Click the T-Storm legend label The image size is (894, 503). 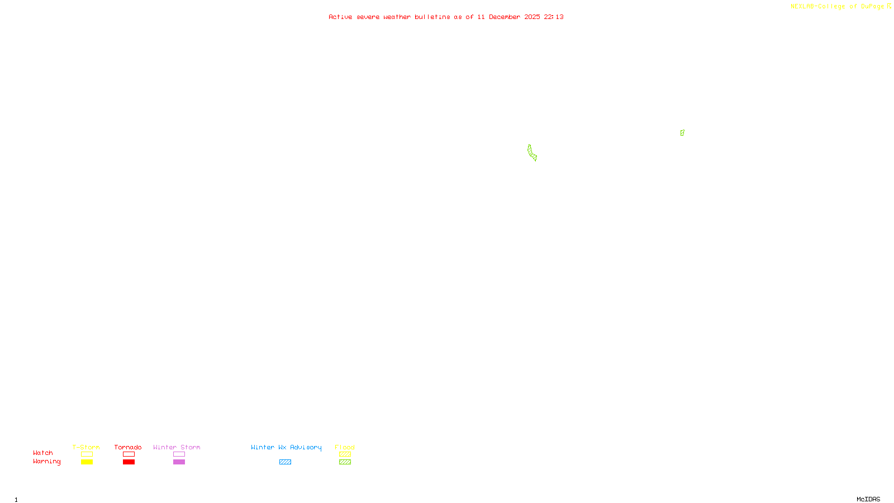(86, 447)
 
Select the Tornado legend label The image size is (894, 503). (128, 447)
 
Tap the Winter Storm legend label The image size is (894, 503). (177, 447)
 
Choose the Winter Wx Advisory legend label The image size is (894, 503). (286, 447)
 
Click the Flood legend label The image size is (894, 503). (345, 447)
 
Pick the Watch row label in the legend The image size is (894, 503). (43, 453)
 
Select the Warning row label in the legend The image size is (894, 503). (47, 462)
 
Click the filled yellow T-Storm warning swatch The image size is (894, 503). (87, 462)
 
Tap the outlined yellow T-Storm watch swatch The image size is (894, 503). (87, 454)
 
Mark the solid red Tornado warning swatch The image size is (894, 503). (129, 462)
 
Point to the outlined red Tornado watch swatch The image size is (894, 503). (129, 454)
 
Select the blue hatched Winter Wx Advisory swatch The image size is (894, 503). (285, 462)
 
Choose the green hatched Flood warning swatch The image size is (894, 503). (345, 462)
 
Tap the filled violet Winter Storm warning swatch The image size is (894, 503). (179, 462)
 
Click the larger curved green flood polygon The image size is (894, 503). (531, 153)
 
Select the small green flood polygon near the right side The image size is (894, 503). (682, 133)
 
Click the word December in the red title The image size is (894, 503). (505, 17)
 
